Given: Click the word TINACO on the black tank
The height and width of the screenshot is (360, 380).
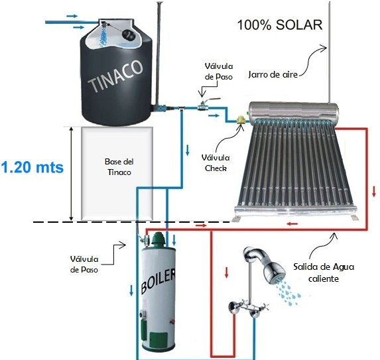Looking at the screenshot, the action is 115,76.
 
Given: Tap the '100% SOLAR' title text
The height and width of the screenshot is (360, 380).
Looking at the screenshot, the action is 280,25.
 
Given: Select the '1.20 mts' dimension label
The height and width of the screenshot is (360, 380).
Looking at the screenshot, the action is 32,167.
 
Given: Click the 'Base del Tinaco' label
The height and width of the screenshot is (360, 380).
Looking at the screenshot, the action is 119,167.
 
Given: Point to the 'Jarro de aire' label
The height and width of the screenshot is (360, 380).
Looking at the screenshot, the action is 273,74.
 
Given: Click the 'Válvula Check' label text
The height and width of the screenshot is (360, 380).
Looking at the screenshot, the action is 216,163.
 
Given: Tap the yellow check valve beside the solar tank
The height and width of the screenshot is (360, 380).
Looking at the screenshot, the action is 241,120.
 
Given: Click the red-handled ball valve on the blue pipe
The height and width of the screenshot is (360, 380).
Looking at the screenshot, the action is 205,105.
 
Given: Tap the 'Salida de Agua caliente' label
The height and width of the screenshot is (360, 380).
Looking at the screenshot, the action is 324,272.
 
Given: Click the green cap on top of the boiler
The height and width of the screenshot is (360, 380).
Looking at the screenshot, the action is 158,239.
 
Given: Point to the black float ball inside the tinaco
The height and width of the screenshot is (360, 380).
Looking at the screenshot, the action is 128,34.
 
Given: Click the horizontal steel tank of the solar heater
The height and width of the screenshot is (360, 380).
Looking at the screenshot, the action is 294,111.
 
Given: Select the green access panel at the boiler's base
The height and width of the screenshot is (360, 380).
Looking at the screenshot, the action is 158,339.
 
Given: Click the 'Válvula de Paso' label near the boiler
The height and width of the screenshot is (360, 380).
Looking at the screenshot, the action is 84,265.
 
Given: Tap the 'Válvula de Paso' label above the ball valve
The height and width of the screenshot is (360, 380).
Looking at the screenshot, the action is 219,71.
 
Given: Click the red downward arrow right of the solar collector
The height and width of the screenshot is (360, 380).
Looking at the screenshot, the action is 374,191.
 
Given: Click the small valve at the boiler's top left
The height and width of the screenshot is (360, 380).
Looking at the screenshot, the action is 145,239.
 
